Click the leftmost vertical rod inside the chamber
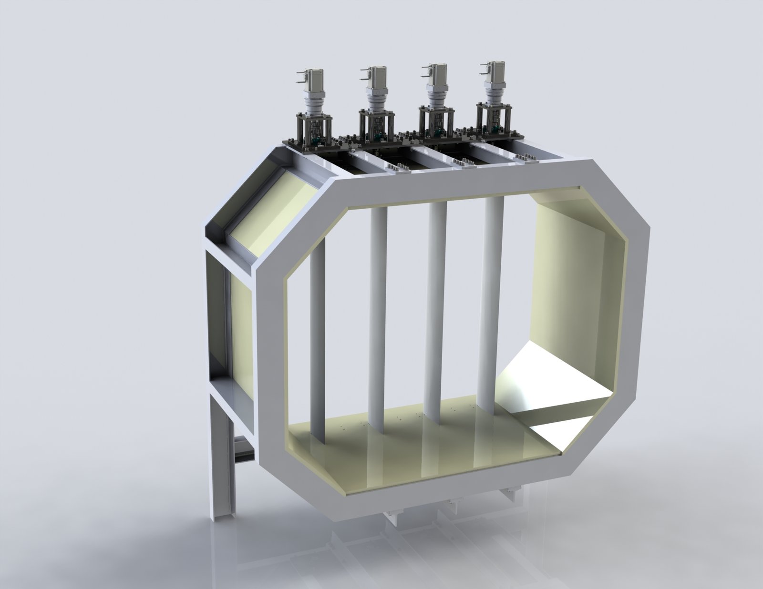click(x=318, y=334)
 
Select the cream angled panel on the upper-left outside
click(x=272, y=210)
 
